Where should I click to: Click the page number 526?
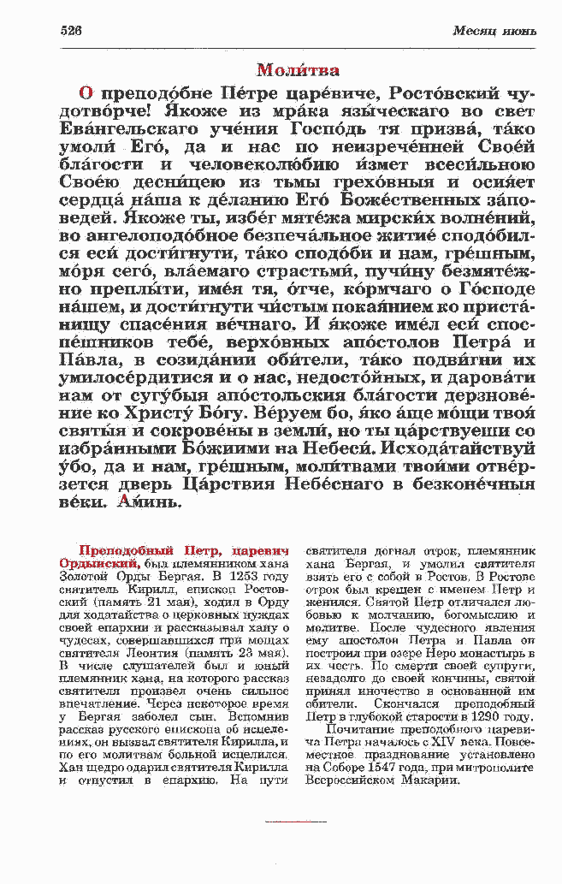click(x=71, y=31)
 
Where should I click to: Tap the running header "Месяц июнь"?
click(x=494, y=32)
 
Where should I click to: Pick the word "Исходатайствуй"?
click(x=456, y=448)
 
